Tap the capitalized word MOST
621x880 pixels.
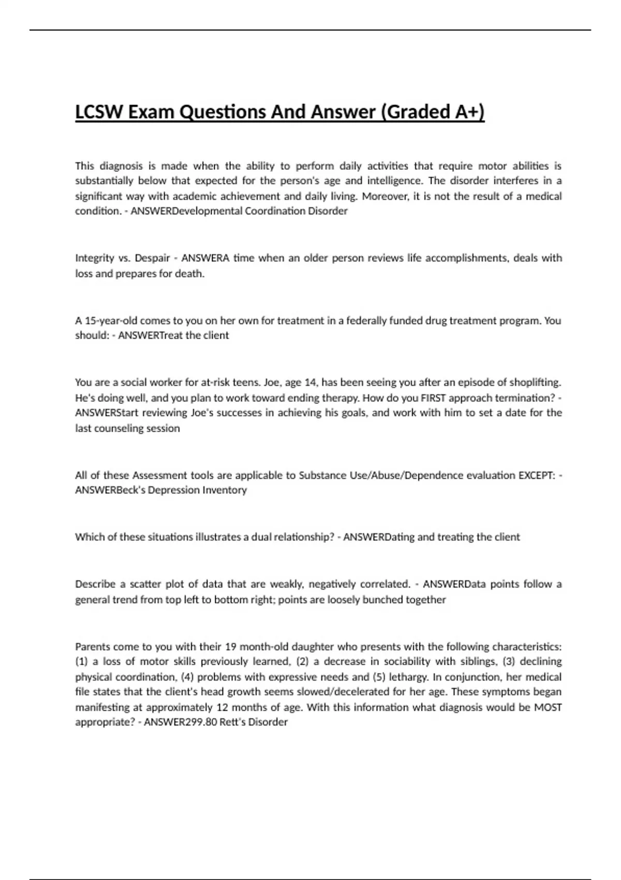pos(548,707)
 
